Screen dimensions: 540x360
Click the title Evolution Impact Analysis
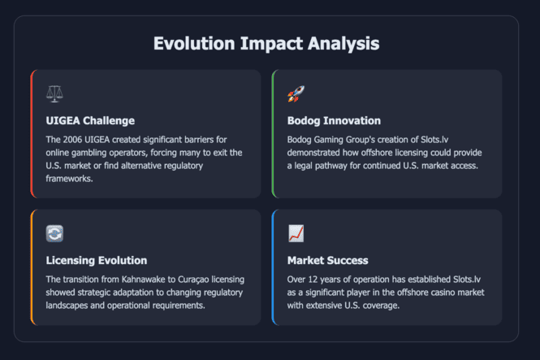[x=266, y=44]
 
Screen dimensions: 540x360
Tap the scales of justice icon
[x=54, y=93]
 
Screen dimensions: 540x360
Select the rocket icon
[x=296, y=93]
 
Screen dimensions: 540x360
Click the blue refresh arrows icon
[x=54, y=233]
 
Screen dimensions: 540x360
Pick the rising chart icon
[x=296, y=233]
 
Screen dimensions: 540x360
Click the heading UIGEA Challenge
[x=90, y=120]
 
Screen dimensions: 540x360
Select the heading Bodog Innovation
[x=334, y=120]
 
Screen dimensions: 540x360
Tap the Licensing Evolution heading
[x=97, y=260]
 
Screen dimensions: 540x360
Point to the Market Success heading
[x=328, y=260]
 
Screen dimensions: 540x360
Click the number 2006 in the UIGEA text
[x=72, y=140]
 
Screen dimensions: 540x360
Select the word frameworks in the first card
[x=69, y=179]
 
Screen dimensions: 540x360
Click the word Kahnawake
[x=143, y=280]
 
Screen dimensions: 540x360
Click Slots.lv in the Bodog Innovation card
[x=434, y=140]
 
